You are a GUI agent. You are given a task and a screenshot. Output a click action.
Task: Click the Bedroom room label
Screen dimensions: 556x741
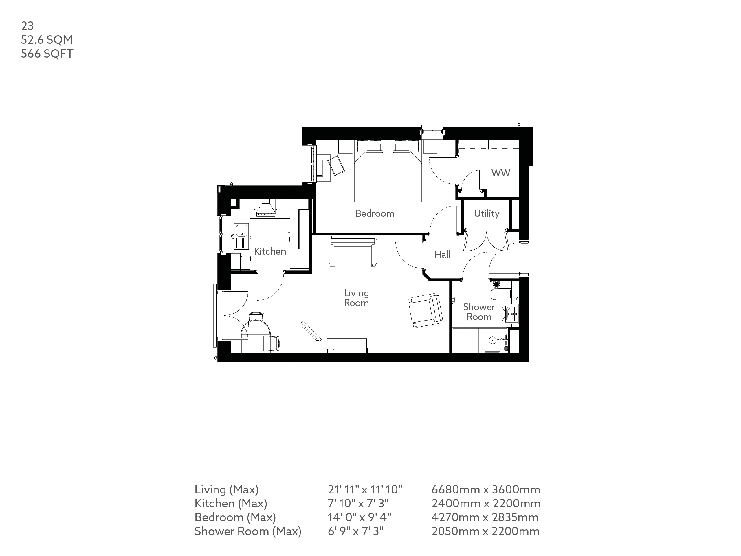[x=375, y=213]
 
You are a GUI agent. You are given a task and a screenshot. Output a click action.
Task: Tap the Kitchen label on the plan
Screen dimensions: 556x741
[x=270, y=251]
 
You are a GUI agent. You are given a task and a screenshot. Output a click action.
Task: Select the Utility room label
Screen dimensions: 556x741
[x=486, y=213]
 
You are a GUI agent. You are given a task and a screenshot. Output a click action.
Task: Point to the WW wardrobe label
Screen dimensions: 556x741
[x=500, y=173]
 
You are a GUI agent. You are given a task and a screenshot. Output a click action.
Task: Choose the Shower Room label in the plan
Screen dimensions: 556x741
[x=479, y=312]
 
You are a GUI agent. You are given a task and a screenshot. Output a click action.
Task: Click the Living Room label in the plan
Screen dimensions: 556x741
[x=356, y=298]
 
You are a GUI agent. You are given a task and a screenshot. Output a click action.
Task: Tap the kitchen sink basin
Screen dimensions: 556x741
[x=241, y=230]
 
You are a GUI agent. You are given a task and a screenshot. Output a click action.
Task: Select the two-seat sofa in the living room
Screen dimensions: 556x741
[x=353, y=252]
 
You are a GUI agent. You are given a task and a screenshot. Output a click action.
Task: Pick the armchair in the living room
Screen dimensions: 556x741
[x=425, y=310]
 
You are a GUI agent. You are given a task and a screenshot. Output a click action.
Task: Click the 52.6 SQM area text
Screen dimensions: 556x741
[x=47, y=40]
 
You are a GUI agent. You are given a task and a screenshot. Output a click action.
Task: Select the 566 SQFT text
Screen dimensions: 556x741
[x=47, y=54]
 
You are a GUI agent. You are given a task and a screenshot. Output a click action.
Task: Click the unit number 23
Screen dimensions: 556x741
[x=27, y=26]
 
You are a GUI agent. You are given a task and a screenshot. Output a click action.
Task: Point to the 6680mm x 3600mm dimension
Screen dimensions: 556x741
[x=485, y=490]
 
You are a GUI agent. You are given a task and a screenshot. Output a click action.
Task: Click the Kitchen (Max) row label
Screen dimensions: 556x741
[x=230, y=503]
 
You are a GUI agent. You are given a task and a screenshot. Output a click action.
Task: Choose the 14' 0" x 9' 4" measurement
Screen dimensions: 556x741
[x=359, y=517]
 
